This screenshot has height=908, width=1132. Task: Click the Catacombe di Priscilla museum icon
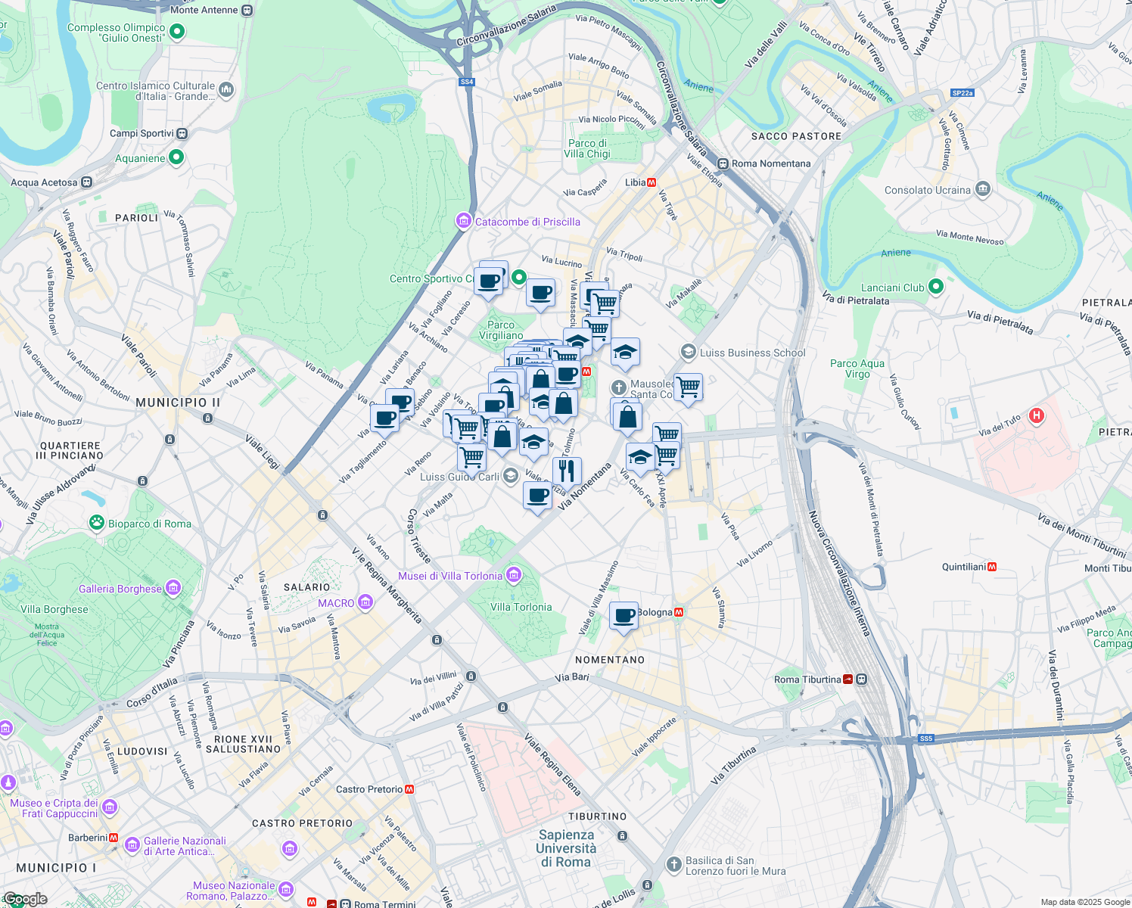click(x=463, y=221)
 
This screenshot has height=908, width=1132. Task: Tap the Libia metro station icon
click(x=652, y=182)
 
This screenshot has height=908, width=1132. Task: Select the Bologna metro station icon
click(x=679, y=612)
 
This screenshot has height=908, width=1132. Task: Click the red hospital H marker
click(x=1037, y=415)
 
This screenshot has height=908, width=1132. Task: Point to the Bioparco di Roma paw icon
click(x=97, y=522)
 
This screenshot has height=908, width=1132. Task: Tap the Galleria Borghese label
click(x=121, y=589)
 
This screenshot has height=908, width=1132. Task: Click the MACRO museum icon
click(x=365, y=602)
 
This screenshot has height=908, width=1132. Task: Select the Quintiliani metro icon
click(x=992, y=567)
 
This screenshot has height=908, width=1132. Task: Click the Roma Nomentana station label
click(x=771, y=163)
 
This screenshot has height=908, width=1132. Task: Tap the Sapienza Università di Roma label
click(x=566, y=848)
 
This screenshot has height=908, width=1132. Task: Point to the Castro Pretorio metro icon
click(x=409, y=789)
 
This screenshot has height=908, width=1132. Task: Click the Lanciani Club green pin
click(x=936, y=287)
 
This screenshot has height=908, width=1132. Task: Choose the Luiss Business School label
click(x=752, y=353)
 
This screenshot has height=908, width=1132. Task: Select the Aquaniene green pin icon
click(x=176, y=157)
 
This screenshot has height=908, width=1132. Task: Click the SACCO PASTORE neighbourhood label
click(x=796, y=136)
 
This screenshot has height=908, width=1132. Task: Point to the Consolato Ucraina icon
click(x=982, y=189)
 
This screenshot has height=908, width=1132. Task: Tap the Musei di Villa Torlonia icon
click(x=514, y=575)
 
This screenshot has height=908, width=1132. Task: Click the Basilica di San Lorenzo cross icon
click(x=674, y=864)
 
